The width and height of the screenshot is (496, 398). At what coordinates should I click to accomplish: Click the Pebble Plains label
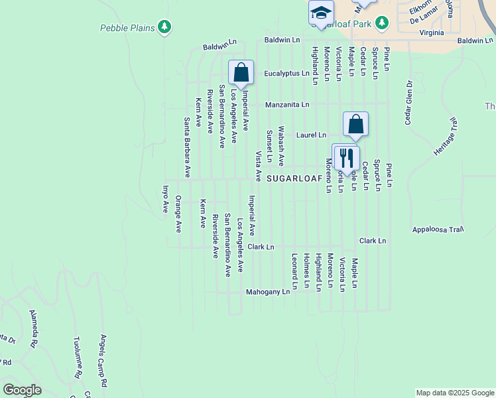pos(127,28)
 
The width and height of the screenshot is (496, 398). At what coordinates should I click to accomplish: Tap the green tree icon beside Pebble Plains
pos(164,27)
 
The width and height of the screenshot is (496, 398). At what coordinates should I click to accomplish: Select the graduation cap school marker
pos(321,13)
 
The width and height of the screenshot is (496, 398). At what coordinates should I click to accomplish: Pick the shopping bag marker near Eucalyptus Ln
pos(241,72)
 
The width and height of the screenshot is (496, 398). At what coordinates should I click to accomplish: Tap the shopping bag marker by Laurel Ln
pos(356,123)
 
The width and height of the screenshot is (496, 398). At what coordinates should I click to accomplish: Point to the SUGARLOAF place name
pos(294,179)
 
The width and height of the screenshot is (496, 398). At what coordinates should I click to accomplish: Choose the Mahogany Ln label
pos(268,291)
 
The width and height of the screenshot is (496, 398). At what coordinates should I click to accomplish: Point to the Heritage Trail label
pos(446,138)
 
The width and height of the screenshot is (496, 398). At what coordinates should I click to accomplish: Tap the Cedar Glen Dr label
pos(409,103)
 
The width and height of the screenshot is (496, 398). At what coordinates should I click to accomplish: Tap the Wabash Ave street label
pos(281,146)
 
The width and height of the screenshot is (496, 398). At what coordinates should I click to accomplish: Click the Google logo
pos(22,390)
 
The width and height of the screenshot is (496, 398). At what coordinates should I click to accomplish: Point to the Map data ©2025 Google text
pos(454,393)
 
